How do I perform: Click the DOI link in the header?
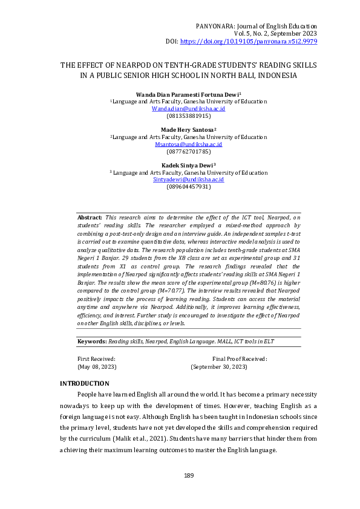point(248,41)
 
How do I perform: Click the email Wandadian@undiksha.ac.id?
point(188,109)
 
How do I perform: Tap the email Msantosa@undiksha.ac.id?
point(188,145)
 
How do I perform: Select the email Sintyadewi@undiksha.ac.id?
point(188,180)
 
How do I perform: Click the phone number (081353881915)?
point(188,115)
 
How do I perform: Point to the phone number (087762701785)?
point(188,152)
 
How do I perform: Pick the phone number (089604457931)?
point(188,187)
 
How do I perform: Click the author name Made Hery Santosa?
point(188,130)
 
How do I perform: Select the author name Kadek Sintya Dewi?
point(188,165)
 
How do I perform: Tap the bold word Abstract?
point(90,216)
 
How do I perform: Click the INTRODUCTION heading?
point(84,384)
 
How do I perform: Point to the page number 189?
point(188,476)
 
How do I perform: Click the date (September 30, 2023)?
point(218,367)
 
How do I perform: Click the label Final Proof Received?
point(240,359)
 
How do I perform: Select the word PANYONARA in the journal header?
point(217,27)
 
